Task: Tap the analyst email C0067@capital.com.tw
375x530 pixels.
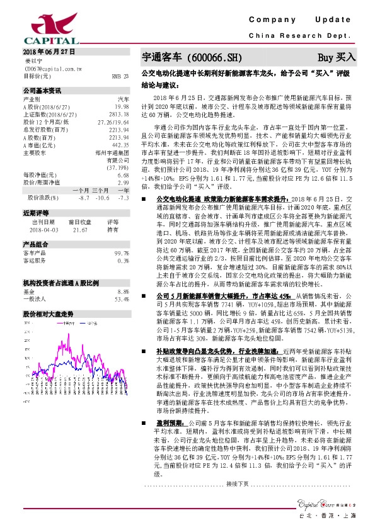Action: tap(47, 68)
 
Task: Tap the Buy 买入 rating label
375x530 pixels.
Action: tap(337, 57)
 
